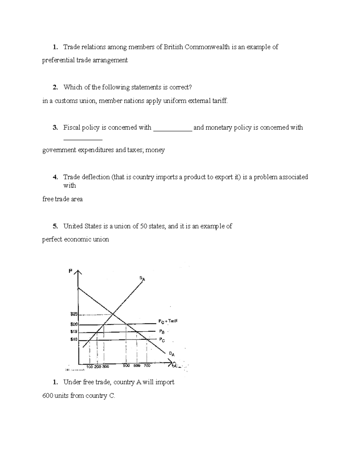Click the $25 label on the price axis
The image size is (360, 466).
pyautogui.click(x=74, y=314)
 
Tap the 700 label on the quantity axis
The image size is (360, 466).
pyautogui.click(x=147, y=366)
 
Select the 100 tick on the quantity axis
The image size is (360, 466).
pyautogui.click(x=89, y=367)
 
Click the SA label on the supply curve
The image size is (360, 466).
pyautogui.click(x=142, y=278)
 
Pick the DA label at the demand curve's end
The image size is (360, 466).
pyautogui.click(x=172, y=354)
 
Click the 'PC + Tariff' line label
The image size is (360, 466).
pyautogui.click(x=168, y=321)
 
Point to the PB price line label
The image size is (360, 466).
pyautogui.click(x=162, y=332)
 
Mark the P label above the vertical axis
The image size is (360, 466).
pyautogui.click(x=70, y=271)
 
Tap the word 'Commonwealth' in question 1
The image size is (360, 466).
pyautogui.click(x=207, y=47)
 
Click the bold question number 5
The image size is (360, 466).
pyautogui.click(x=55, y=226)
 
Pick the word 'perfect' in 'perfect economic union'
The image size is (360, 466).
pyautogui.click(x=52, y=239)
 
